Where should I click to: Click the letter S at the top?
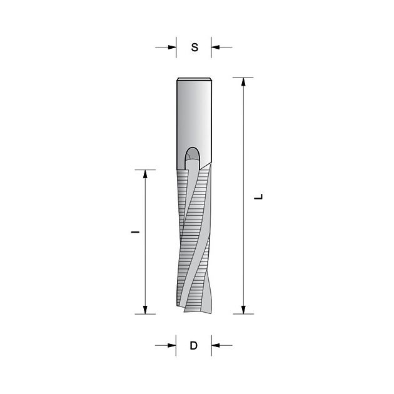click(x=194, y=48)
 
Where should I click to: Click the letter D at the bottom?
click(x=194, y=345)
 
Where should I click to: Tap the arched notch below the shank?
click(x=193, y=156)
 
